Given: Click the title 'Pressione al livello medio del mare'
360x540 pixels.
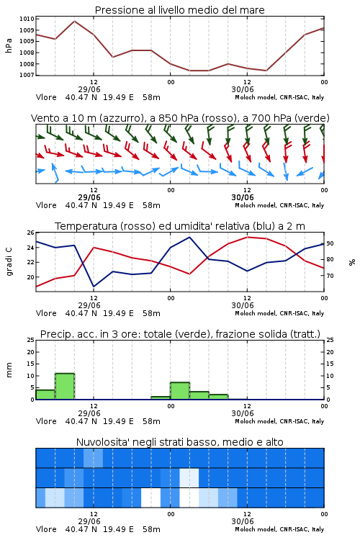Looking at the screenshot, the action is pyautogui.click(x=180, y=10).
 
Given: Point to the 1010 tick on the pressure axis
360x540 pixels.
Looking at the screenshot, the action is pyautogui.click(x=27, y=19).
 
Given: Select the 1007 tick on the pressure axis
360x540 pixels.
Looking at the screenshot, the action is pyautogui.click(x=27, y=75).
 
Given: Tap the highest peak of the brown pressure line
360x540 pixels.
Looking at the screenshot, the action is pyautogui.click(x=74, y=22).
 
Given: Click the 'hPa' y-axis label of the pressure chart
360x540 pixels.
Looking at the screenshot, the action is pyautogui.click(x=9, y=45).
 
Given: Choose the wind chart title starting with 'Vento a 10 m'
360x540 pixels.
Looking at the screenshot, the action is pyautogui.click(x=180, y=118).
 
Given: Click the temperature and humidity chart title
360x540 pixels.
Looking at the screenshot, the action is pyautogui.click(x=180, y=226).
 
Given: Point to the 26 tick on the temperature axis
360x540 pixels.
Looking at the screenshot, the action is pyautogui.click(x=31, y=233).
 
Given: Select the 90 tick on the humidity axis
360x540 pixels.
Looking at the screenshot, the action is pyautogui.click(x=330, y=243).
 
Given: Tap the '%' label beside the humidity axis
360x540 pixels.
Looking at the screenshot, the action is pyautogui.click(x=352, y=262).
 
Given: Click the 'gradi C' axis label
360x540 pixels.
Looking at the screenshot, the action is pyautogui.click(x=9, y=261).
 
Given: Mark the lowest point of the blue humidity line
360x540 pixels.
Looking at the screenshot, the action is pyautogui.click(x=94, y=286).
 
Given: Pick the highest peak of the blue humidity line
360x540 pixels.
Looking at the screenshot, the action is pyautogui.click(x=189, y=237).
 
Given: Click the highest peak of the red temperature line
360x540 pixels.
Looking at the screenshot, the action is pyautogui.click(x=248, y=237).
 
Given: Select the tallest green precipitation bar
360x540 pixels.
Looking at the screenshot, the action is pyautogui.click(x=65, y=387).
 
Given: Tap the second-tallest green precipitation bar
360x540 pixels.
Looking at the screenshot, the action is pyautogui.click(x=180, y=391).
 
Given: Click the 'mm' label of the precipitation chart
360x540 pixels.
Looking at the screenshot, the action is pyautogui.click(x=9, y=370).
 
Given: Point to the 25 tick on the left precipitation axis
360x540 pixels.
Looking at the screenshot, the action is pyautogui.click(x=31, y=340).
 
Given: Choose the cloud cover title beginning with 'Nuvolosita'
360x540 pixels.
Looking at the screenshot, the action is pyautogui.click(x=180, y=442).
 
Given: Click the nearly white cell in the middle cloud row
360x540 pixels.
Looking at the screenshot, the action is pyautogui.click(x=189, y=477).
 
